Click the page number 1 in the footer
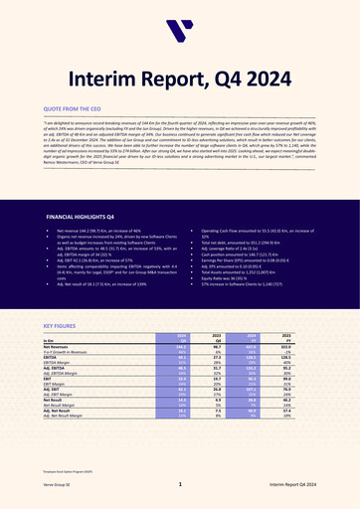tap(180, 484)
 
